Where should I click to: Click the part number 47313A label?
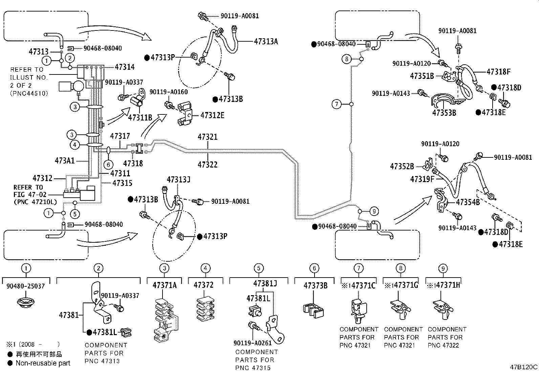266,41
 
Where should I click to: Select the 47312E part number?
212,115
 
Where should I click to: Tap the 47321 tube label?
208,137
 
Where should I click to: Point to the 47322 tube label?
208,165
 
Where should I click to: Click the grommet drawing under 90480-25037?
26,302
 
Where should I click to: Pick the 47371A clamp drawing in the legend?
165,318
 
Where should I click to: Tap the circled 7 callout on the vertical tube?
336,104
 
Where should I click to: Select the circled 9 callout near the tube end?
373,212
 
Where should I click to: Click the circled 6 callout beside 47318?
108,165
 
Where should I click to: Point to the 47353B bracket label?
444,113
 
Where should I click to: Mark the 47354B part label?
468,202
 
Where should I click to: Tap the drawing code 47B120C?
524,367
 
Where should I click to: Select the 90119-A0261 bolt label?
252,343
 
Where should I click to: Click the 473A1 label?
65,160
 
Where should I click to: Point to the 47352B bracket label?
402,166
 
